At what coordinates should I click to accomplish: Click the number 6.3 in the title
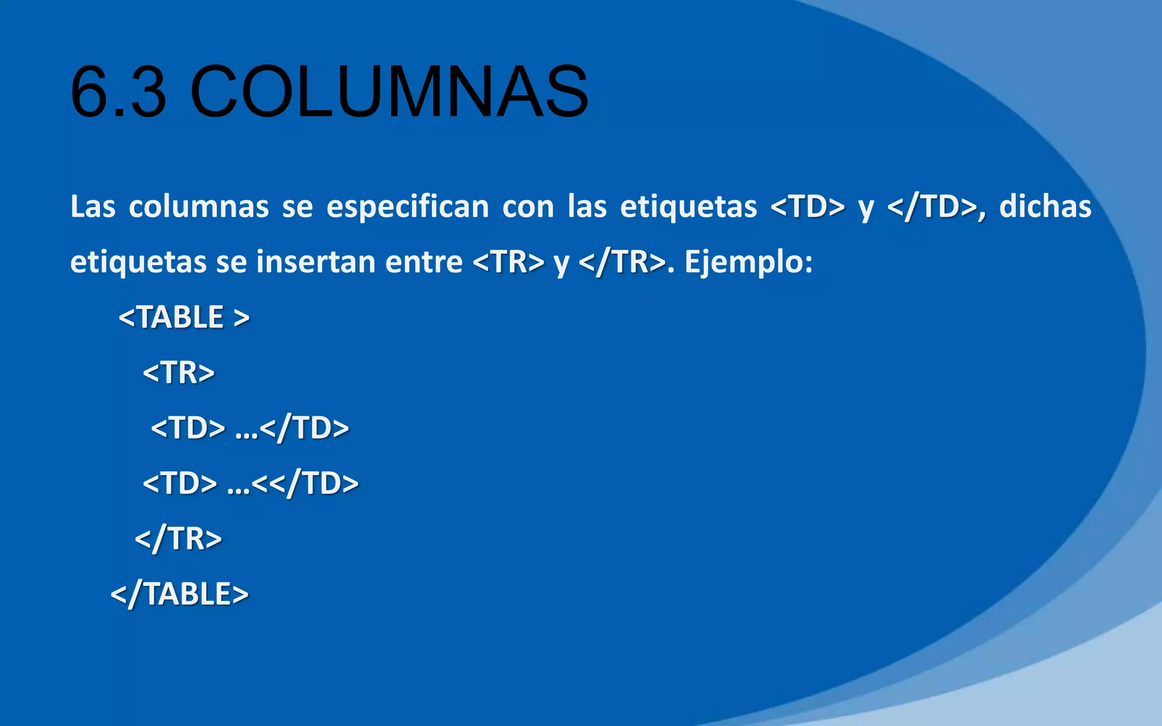[119, 92]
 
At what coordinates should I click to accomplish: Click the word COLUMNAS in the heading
[389, 92]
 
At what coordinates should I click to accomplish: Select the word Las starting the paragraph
[92, 206]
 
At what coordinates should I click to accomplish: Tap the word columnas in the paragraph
[199, 206]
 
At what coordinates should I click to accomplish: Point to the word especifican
[407, 206]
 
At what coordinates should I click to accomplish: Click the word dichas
[1045, 206]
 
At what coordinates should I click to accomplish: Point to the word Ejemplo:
[748, 262]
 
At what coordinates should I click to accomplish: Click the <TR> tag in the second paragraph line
[508, 262]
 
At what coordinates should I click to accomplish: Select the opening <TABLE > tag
[184, 317]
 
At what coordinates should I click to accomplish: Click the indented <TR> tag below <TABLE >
[179, 373]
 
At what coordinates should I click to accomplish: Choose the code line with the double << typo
[250, 483]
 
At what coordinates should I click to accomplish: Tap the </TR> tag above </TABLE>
[178, 539]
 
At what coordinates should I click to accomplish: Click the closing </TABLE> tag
[179, 594]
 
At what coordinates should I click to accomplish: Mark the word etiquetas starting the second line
[138, 262]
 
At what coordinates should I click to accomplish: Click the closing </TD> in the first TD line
[305, 428]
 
